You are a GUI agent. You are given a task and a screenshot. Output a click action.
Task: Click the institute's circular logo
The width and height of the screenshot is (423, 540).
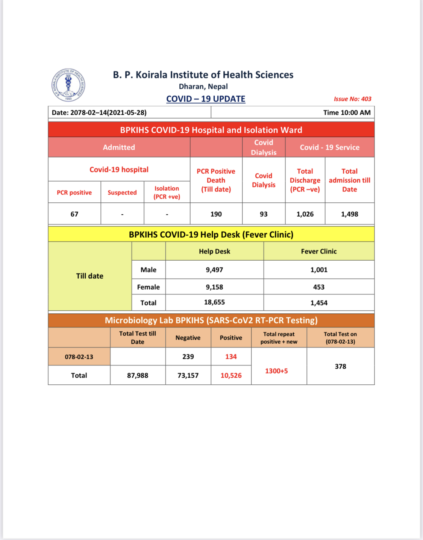pyautogui.click(x=68, y=85)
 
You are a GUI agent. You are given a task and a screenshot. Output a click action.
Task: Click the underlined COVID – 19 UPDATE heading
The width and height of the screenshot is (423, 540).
pyautogui.click(x=206, y=99)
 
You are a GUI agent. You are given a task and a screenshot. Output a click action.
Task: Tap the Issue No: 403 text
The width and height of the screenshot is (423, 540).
pyautogui.click(x=352, y=99)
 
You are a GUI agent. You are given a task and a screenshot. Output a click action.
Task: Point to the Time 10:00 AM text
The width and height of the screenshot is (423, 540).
pyautogui.click(x=347, y=112)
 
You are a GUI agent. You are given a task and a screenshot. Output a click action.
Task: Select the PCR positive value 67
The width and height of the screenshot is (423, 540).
pyautogui.click(x=74, y=214)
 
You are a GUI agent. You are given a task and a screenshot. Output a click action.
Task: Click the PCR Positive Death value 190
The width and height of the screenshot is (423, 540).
pyautogui.click(x=216, y=214)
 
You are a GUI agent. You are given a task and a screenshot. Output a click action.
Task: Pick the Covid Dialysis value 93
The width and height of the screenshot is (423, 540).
pyautogui.click(x=264, y=214)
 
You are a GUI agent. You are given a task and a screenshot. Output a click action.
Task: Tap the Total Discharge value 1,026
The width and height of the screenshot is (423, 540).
pyautogui.click(x=305, y=214)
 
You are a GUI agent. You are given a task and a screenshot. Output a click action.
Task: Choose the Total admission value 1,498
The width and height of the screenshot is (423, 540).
pyautogui.click(x=349, y=214)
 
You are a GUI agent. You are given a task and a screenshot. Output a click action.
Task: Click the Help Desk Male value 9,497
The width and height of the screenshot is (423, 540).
pyautogui.click(x=214, y=270)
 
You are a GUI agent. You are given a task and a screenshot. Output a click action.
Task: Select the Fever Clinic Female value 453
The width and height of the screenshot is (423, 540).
pyautogui.click(x=318, y=287)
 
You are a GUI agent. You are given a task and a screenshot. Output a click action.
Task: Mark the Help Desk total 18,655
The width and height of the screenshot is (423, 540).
pyautogui.click(x=214, y=302)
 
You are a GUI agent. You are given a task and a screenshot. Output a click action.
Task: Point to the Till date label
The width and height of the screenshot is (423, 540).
pyautogui.click(x=89, y=276)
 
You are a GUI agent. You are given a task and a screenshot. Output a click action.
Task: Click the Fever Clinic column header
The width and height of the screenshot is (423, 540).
pyautogui.click(x=318, y=251)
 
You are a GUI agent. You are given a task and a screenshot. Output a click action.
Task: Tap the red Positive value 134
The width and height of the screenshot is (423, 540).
pyautogui.click(x=231, y=356)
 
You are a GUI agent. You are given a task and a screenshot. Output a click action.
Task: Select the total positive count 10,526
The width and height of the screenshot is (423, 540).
pyautogui.click(x=231, y=375)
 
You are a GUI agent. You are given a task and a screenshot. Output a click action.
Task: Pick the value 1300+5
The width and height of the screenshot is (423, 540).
pyautogui.click(x=276, y=371)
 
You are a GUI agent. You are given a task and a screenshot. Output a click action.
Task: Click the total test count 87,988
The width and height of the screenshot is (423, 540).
pyautogui.click(x=138, y=375)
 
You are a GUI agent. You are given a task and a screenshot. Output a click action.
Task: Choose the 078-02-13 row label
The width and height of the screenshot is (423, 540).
pyautogui.click(x=79, y=356)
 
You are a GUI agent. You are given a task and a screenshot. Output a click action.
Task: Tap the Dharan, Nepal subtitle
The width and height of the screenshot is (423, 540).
pyautogui.click(x=203, y=86)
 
